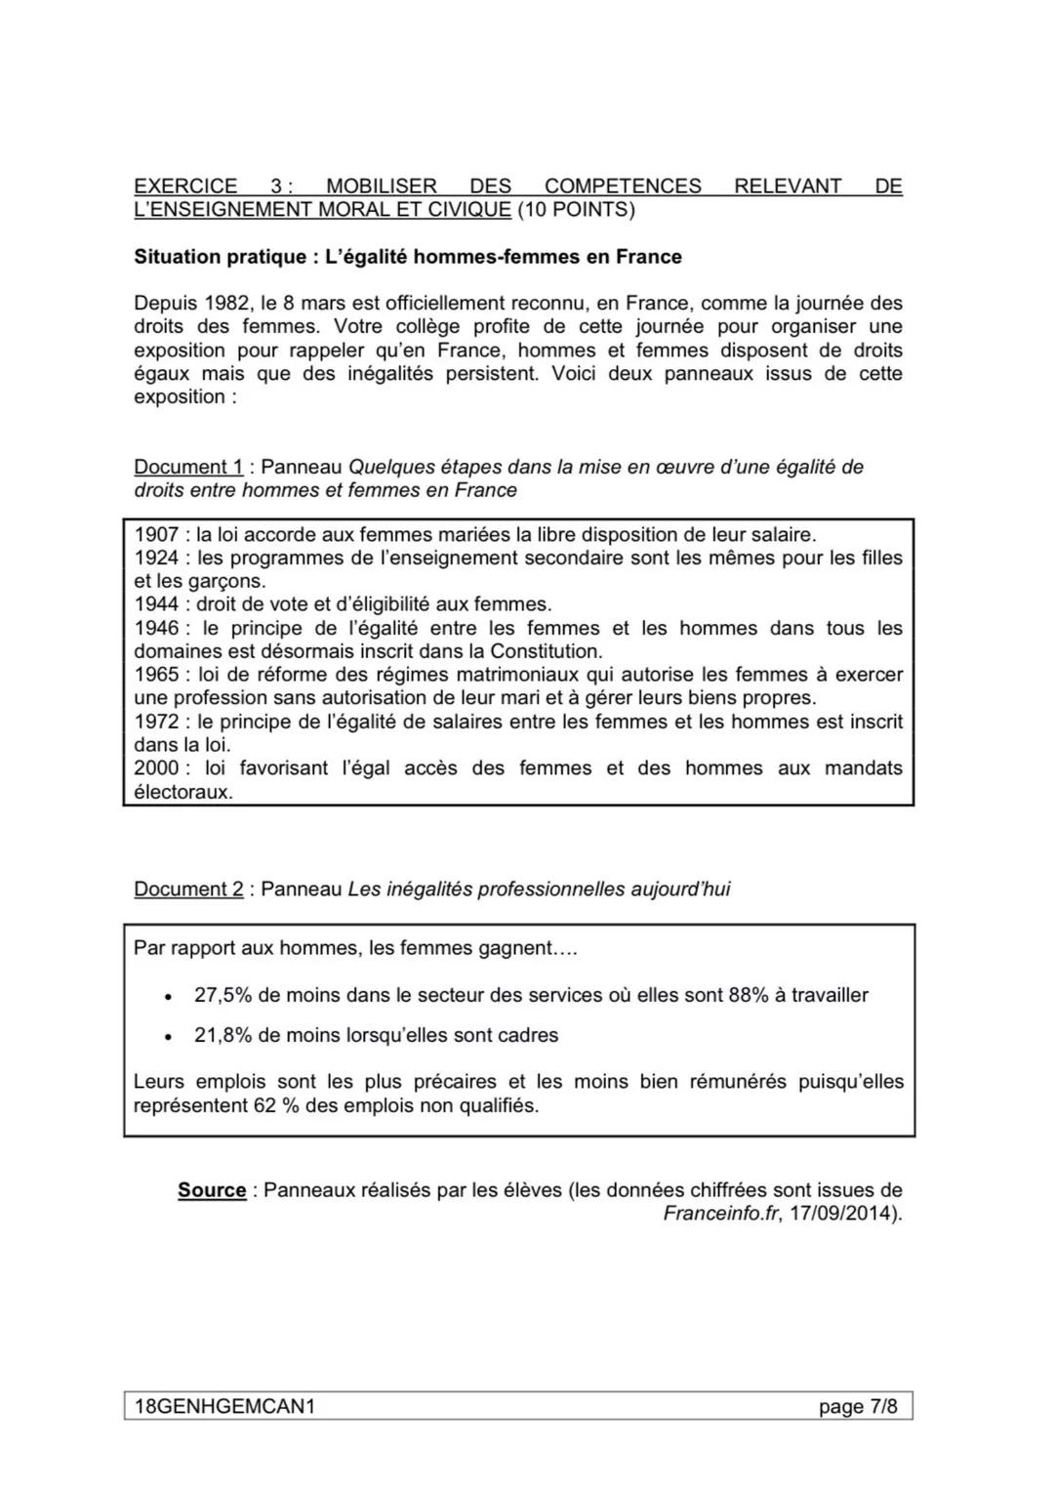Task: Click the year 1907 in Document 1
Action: coord(156,534)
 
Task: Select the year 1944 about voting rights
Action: coord(156,604)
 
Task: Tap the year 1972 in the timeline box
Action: coord(156,722)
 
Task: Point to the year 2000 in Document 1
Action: coord(156,768)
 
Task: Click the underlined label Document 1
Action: coord(188,467)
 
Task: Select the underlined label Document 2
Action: coord(188,890)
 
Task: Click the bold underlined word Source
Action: coord(212,1190)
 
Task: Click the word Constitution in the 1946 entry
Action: coord(545,651)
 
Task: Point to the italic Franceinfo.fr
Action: coord(720,1214)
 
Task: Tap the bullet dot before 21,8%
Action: coord(169,1037)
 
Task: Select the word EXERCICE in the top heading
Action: coord(185,186)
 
